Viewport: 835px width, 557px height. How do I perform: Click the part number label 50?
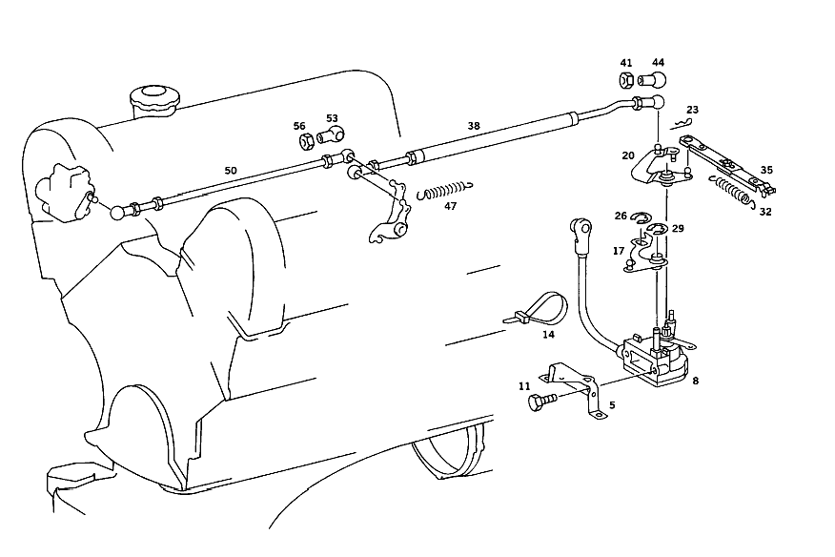230,171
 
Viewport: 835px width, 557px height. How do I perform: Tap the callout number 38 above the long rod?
474,126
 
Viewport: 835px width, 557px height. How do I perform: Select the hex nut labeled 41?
627,80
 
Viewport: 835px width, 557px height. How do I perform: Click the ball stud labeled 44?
652,80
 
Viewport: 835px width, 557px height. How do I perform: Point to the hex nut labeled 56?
306,141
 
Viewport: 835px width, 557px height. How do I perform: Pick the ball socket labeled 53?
331,134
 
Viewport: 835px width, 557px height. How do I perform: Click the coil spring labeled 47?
444,191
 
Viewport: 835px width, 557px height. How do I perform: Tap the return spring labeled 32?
732,191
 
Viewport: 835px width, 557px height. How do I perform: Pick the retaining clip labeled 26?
641,217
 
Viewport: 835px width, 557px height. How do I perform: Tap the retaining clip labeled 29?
658,230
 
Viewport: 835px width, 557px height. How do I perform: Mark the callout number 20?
628,155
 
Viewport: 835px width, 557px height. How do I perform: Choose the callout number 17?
619,251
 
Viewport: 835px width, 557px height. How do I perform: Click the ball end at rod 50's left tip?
117,212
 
